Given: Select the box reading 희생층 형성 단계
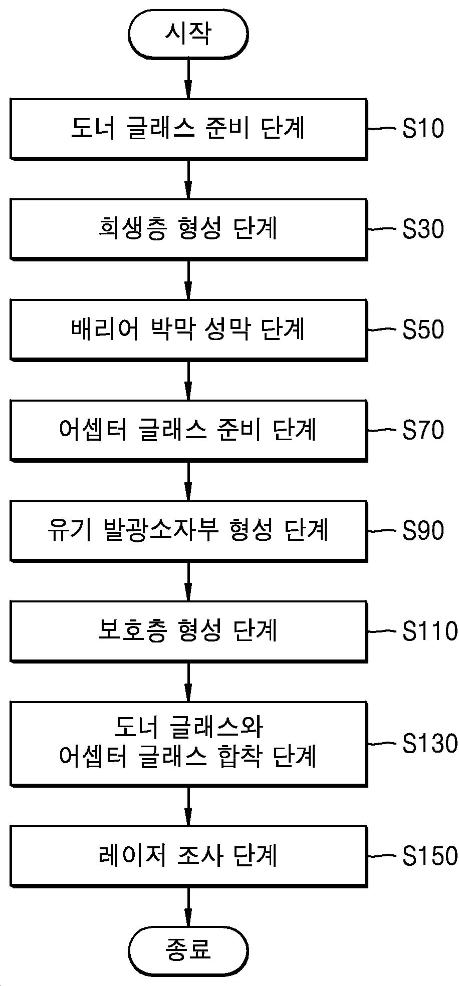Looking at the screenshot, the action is (x=188, y=229).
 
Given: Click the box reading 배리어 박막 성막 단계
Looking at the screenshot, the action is (x=188, y=330).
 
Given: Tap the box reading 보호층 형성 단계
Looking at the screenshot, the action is (x=188, y=631).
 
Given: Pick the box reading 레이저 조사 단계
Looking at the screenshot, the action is (x=188, y=856).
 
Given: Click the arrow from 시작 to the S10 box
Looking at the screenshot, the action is (x=188, y=79).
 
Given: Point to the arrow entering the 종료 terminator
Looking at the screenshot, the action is (x=188, y=905).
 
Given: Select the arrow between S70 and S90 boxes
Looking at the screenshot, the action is (x=188, y=481).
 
